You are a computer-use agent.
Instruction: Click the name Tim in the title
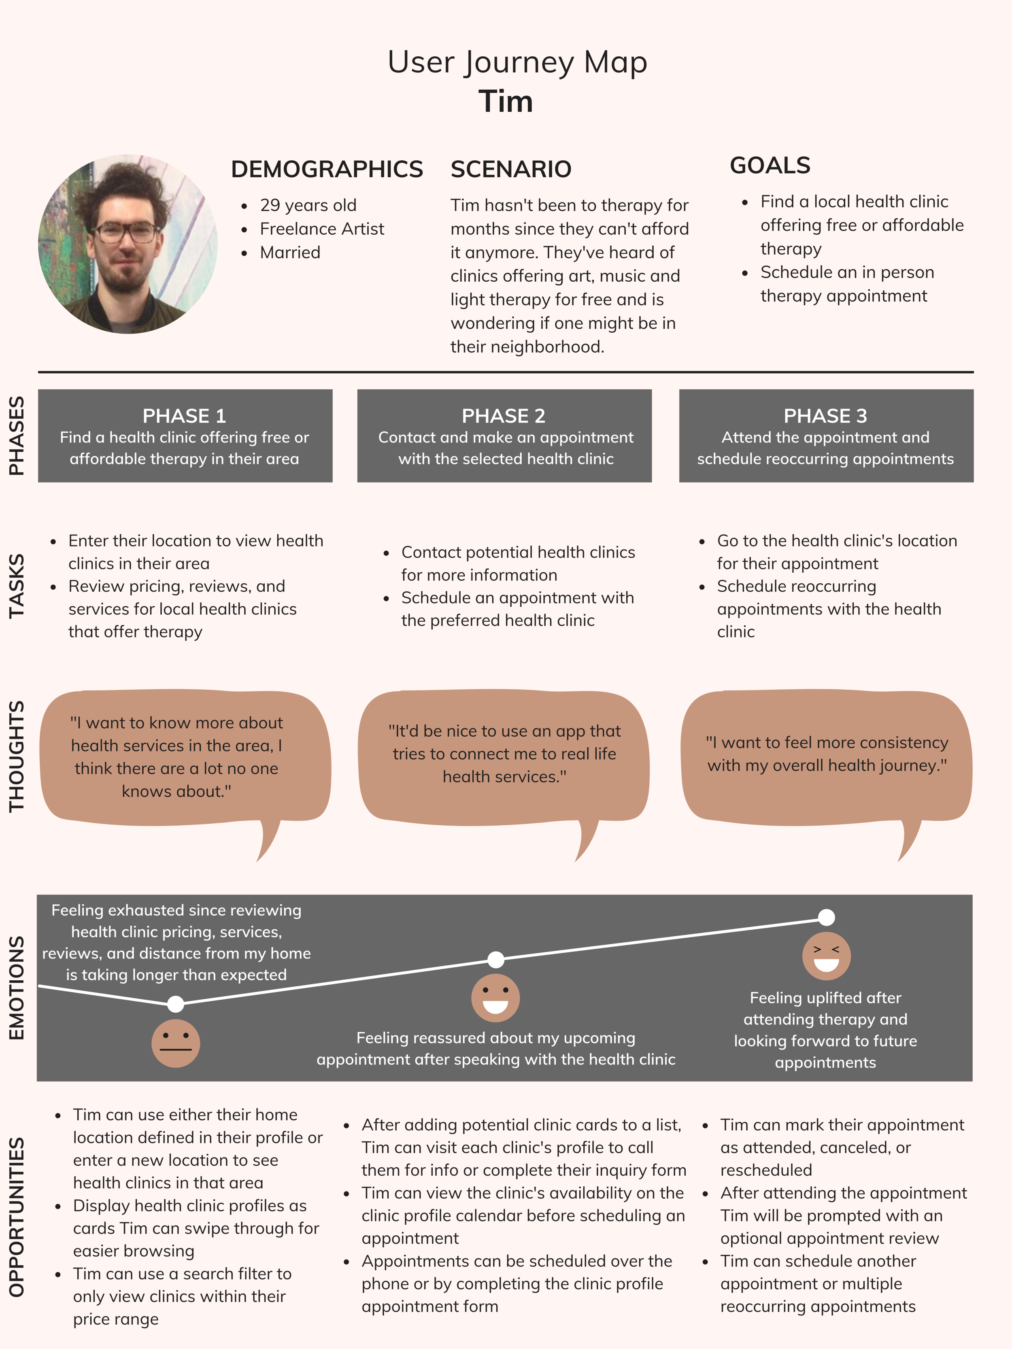[505, 101]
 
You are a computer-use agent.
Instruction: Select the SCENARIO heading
[510, 169]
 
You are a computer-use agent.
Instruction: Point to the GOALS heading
[770, 165]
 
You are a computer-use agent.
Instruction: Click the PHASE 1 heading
[184, 416]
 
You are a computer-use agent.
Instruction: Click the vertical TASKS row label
[17, 586]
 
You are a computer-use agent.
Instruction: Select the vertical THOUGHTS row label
[17, 756]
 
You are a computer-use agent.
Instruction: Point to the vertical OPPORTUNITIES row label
[17, 1216]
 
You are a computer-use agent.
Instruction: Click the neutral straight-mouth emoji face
[176, 1043]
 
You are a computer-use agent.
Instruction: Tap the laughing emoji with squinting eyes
[826, 956]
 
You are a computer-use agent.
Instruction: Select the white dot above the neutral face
[176, 1003]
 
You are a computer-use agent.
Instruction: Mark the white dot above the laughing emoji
[826, 917]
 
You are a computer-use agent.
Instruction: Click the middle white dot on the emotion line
[496, 959]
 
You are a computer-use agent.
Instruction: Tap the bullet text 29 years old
[308, 205]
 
